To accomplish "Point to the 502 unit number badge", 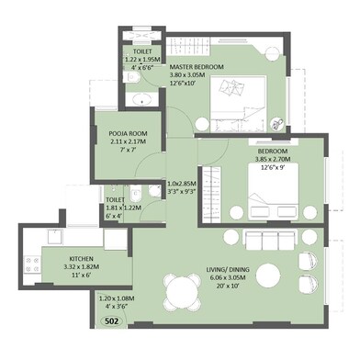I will click(111, 321).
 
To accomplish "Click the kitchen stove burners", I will click(32, 266).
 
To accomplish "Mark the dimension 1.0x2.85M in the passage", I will click(181, 184).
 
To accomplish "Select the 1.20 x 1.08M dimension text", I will click(117, 298).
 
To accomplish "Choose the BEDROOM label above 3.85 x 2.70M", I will click(273, 151).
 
